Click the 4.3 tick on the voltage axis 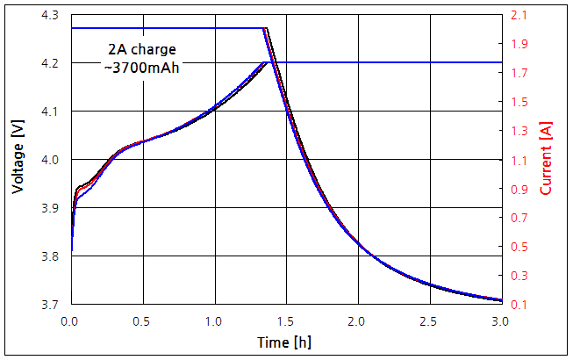(x=52, y=16)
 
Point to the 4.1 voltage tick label (x=52, y=112)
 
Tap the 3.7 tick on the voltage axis (x=52, y=304)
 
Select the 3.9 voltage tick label (x=52, y=208)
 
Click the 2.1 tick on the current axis (x=519, y=16)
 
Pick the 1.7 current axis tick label (x=519, y=73)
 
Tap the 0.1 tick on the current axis (x=519, y=304)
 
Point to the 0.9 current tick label (x=519, y=189)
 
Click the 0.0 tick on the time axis (x=71, y=320)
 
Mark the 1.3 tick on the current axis (x=519, y=131)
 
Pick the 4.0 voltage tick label (x=52, y=160)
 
